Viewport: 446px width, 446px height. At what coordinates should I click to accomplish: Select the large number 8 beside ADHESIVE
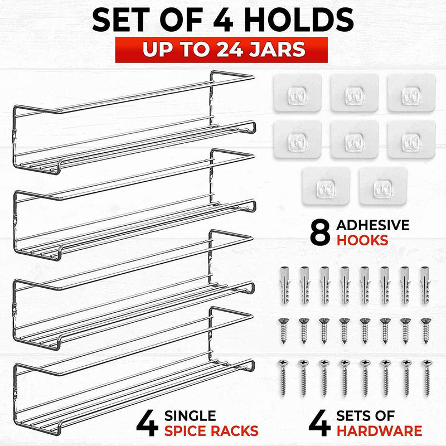coord(319,233)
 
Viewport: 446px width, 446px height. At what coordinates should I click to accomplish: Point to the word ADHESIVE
coord(373,225)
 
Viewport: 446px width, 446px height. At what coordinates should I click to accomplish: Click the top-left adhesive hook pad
coord(297,93)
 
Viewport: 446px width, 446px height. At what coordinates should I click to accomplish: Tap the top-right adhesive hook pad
coord(411,93)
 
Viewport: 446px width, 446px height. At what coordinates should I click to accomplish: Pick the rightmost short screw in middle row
coord(425,329)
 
